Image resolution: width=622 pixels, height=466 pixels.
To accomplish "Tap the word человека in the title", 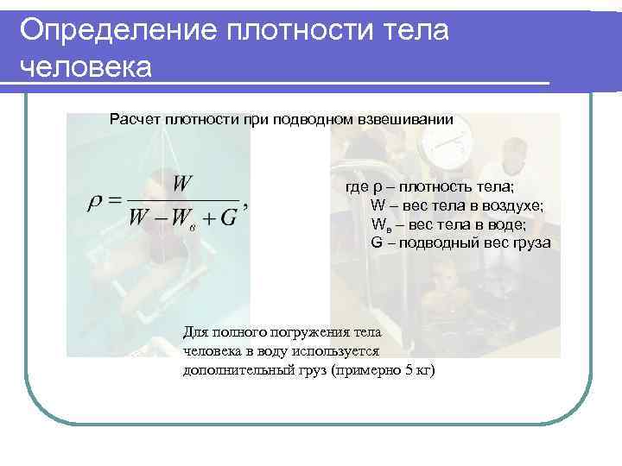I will [84, 66].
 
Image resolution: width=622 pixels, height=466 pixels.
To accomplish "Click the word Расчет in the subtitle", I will [134, 119].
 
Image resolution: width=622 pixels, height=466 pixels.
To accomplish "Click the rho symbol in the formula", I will [96, 204].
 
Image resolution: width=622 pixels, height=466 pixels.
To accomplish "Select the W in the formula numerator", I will [182, 184].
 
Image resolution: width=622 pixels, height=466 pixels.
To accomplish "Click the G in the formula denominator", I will [229, 217].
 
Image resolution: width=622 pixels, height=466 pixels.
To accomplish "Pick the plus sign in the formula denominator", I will [207, 217].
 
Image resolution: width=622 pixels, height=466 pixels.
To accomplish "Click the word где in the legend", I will [357, 187].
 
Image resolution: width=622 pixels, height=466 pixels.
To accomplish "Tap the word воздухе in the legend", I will [513, 206].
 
